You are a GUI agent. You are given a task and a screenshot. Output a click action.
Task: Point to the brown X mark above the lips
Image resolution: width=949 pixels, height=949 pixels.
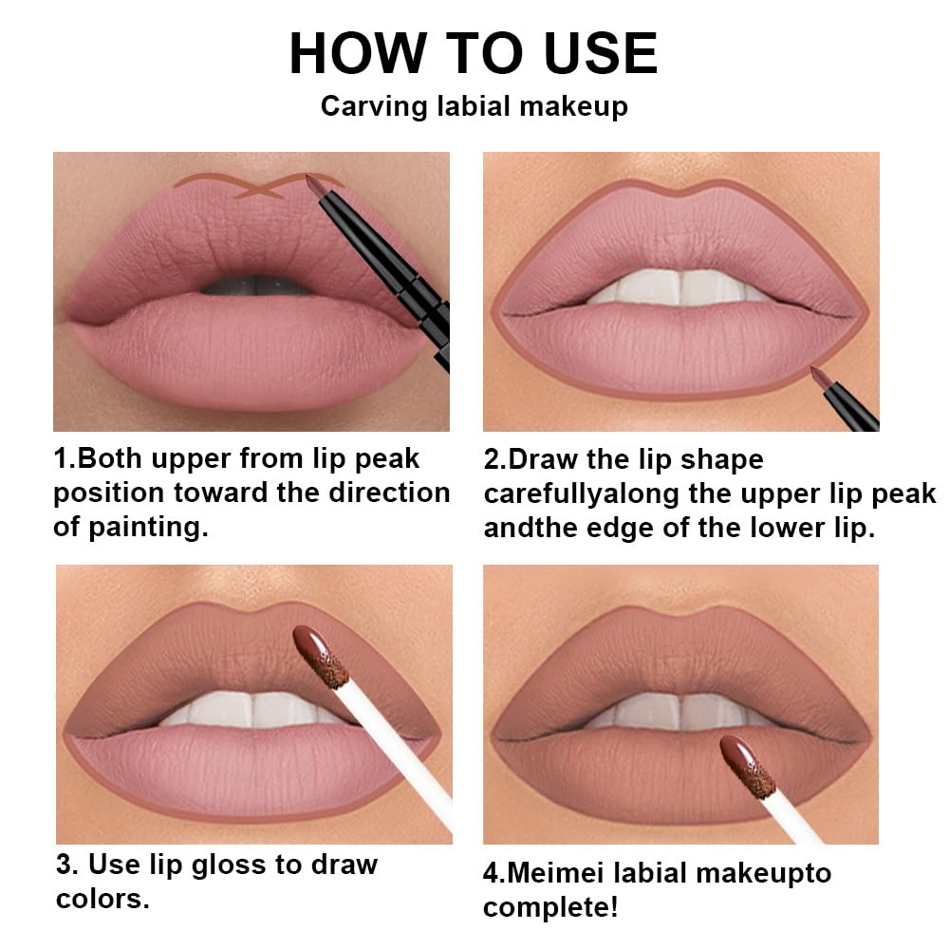pyautogui.click(x=260, y=188)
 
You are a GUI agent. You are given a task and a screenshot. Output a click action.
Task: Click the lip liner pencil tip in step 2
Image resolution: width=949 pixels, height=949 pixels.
pyautogui.click(x=817, y=375)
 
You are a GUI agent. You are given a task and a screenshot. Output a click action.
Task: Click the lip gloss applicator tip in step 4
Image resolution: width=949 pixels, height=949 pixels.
pyautogui.click(x=747, y=765)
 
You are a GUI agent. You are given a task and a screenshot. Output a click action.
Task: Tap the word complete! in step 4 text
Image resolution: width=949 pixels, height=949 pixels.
pyautogui.click(x=550, y=907)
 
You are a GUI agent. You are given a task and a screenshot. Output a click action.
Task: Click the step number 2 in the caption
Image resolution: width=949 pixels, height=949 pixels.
pyautogui.click(x=493, y=460)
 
